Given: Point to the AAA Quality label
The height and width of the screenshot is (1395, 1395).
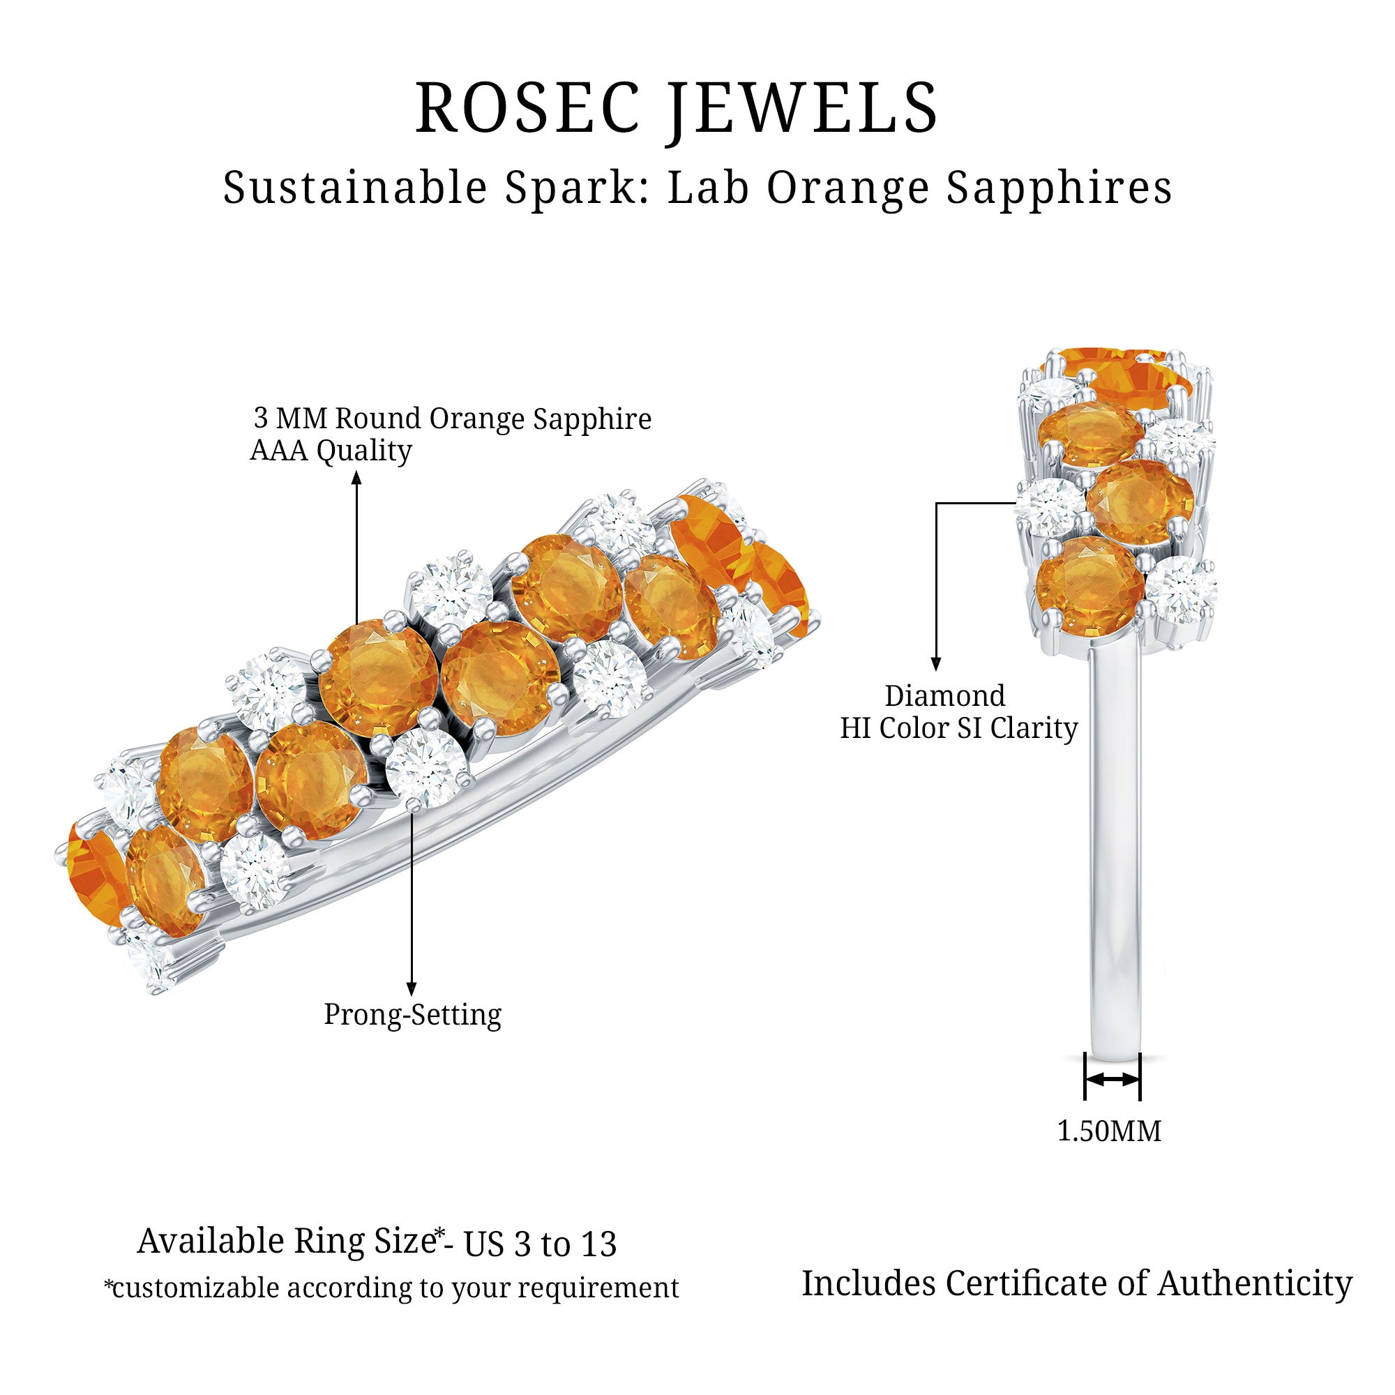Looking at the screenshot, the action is [x=331, y=451].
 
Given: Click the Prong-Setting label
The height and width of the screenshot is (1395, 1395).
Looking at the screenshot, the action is [x=412, y=1014].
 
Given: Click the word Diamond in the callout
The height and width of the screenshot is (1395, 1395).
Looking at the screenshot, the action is [x=945, y=696].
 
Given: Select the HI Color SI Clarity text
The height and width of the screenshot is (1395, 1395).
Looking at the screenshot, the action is [x=959, y=727].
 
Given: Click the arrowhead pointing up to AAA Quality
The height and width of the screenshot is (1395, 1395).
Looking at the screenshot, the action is [x=356, y=477].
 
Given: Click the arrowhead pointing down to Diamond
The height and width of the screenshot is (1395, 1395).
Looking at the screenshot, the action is [x=937, y=664].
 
